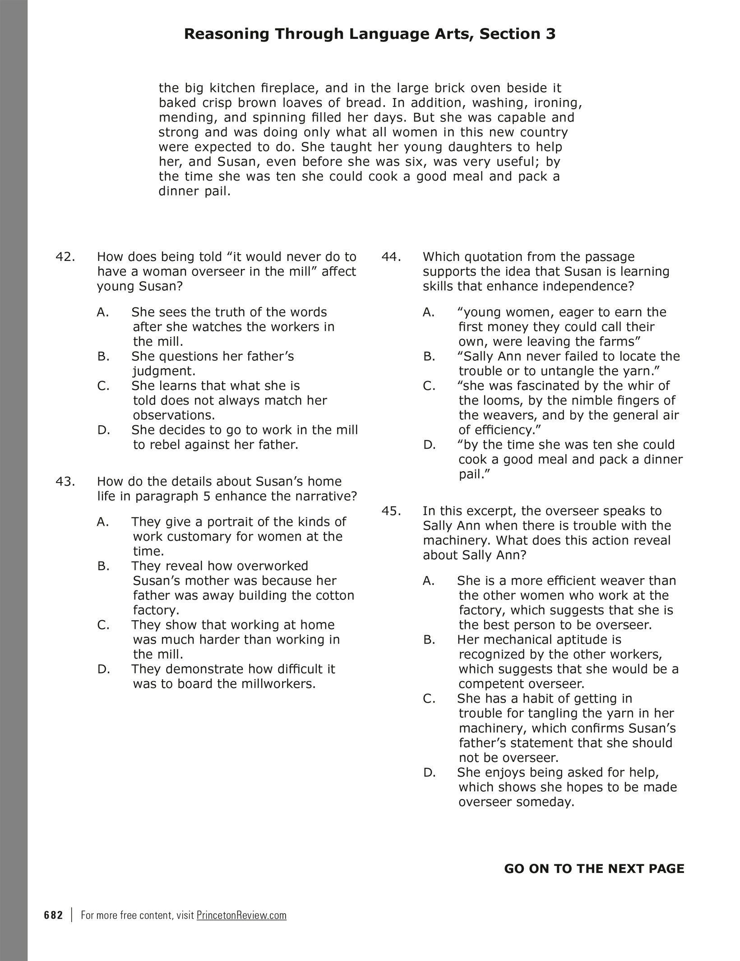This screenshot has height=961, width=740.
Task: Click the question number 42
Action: click(x=65, y=257)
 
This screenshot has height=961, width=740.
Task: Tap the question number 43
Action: click(x=65, y=481)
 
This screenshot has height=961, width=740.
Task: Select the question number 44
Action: click(x=391, y=257)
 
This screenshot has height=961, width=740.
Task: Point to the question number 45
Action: click(x=391, y=511)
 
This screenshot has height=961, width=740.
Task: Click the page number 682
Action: click(x=54, y=915)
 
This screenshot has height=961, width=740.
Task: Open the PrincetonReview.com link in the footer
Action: click(x=241, y=915)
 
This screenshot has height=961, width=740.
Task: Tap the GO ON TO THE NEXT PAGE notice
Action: click(x=594, y=869)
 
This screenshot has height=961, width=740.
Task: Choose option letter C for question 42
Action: click(x=103, y=386)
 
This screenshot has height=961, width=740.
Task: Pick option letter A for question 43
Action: click(x=103, y=522)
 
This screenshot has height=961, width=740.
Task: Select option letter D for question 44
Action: click(x=429, y=445)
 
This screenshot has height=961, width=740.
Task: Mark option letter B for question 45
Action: click(x=429, y=640)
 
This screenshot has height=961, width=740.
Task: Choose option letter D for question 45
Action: click(x=429, y=772)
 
